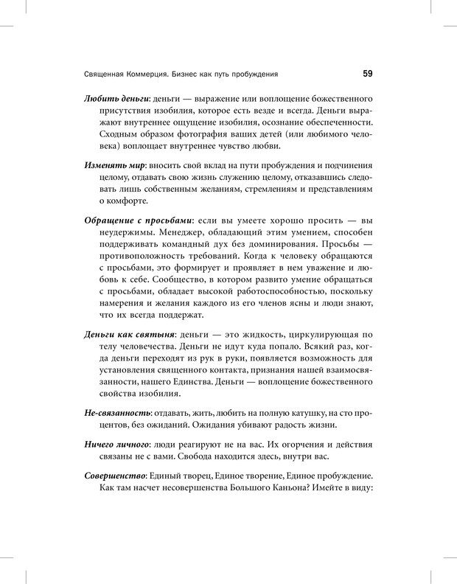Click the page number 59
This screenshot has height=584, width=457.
coord(367,73)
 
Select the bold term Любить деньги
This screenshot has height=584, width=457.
coord(118,99)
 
